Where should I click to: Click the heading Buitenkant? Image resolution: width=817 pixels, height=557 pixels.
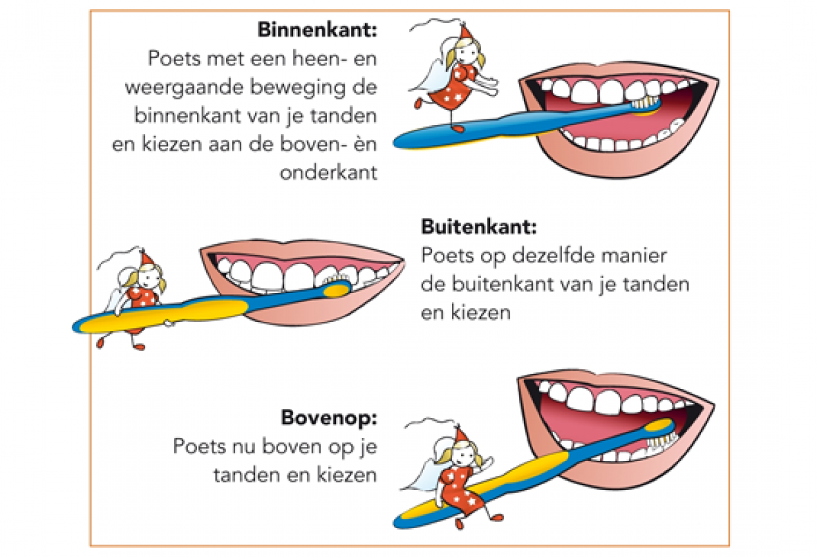click(x=479, y=227)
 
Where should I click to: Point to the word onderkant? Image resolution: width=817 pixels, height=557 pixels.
click(x=328, y=172)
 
